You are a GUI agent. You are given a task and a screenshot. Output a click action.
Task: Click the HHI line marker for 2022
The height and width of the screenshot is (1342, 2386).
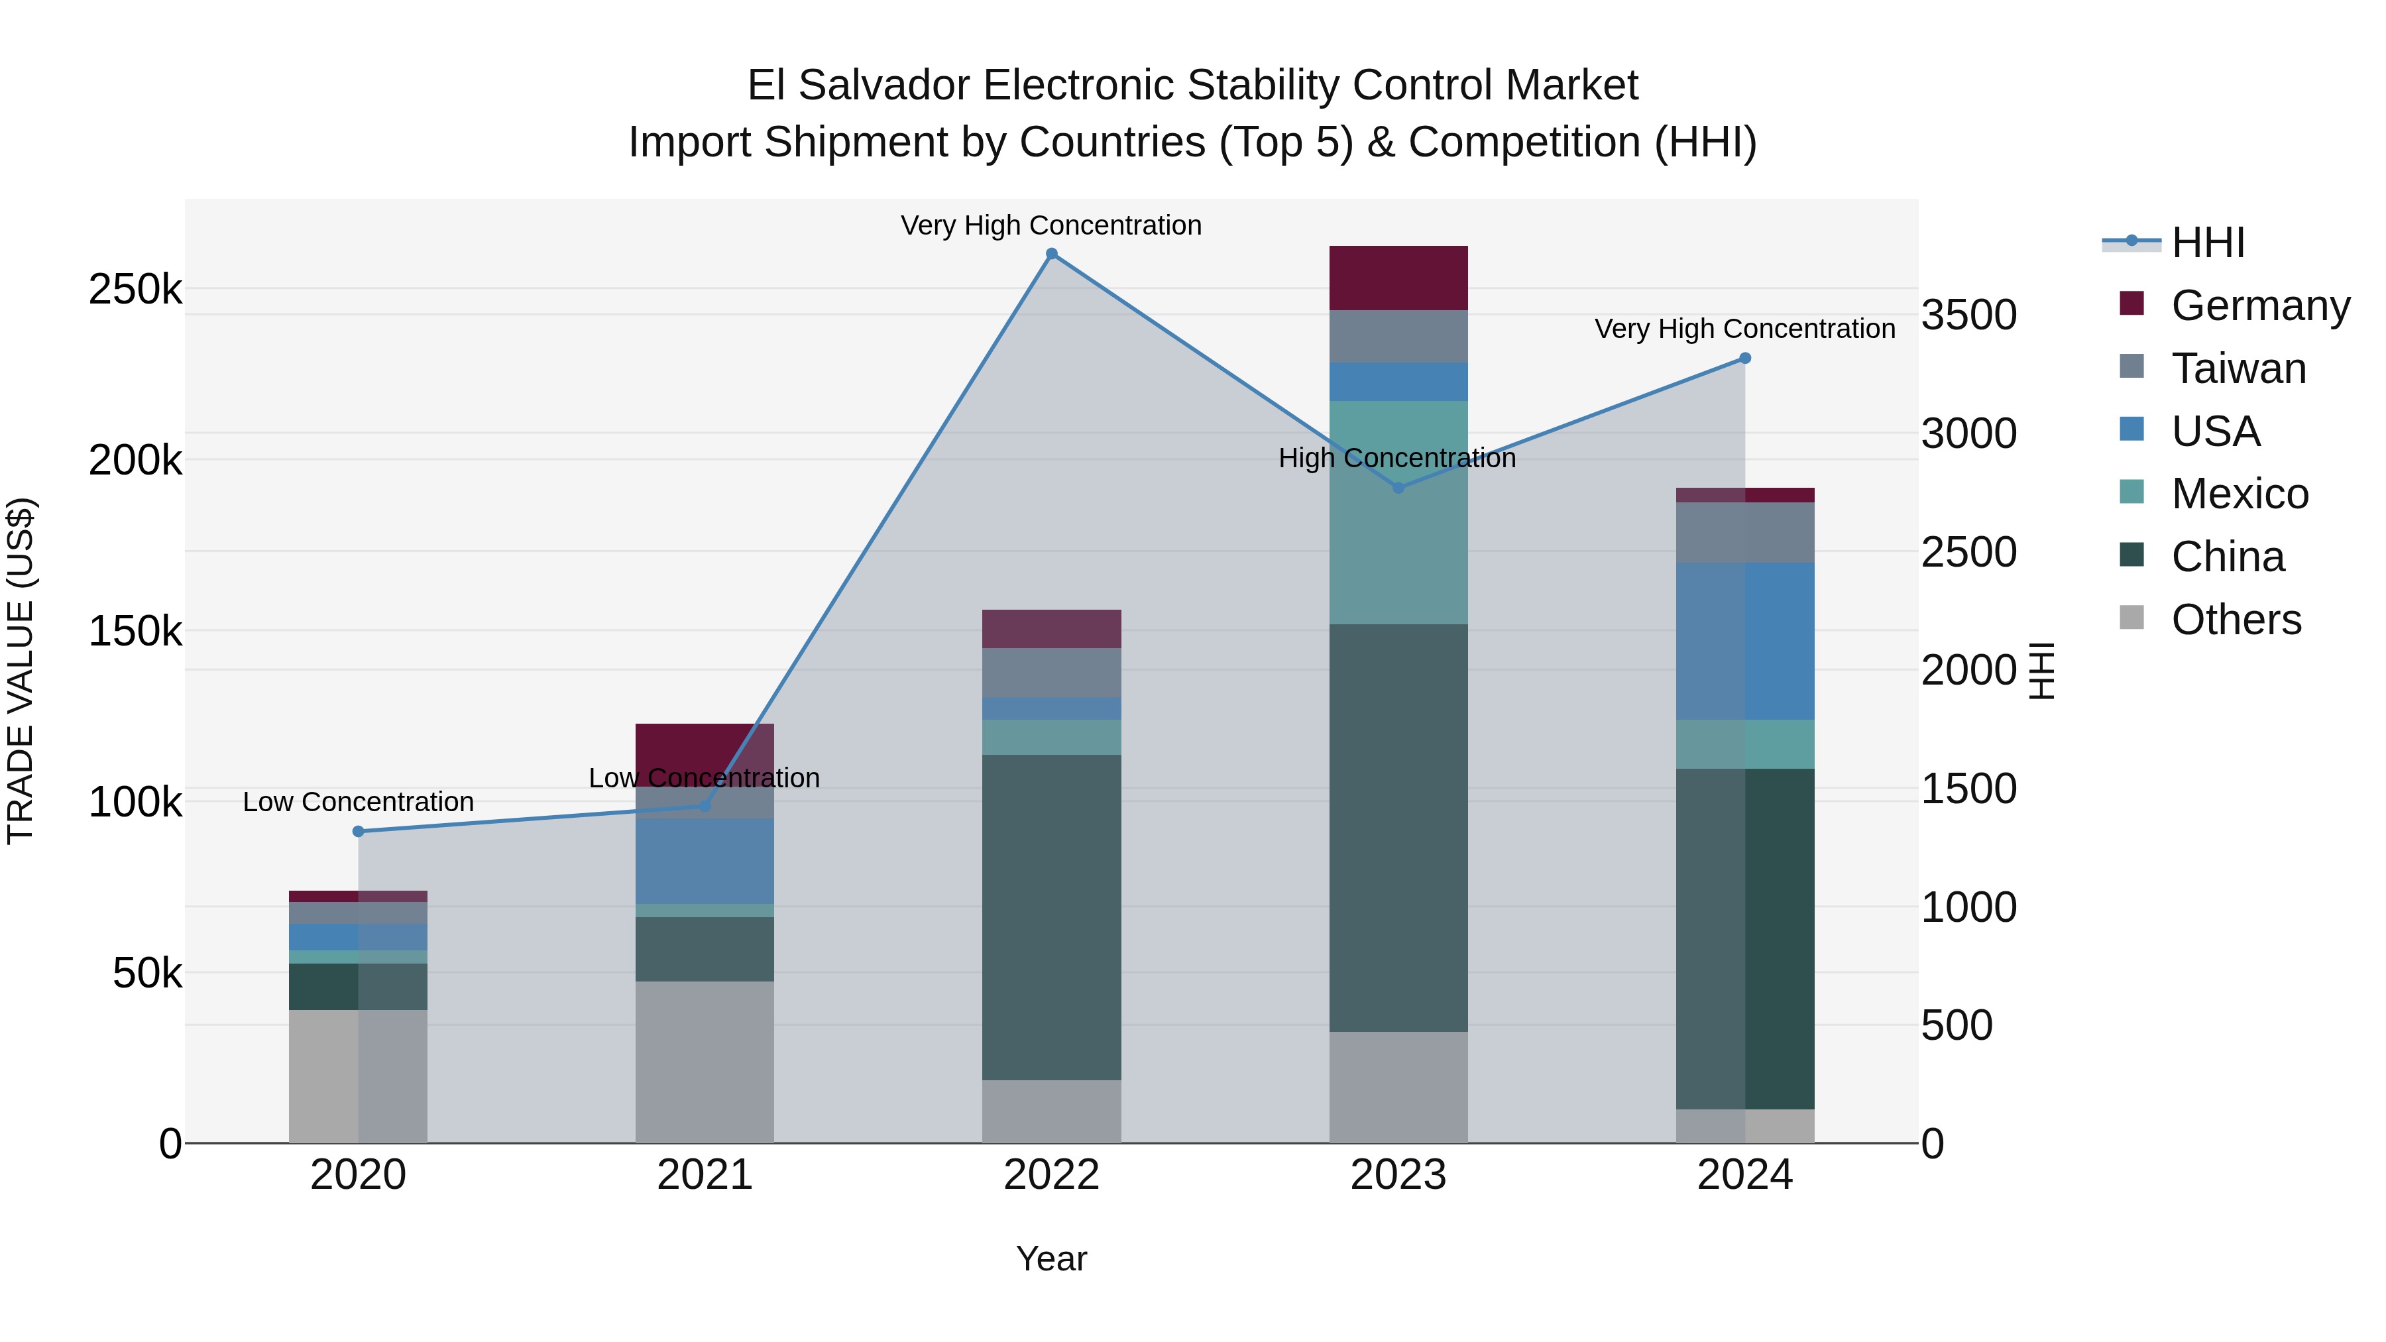[1051, 254]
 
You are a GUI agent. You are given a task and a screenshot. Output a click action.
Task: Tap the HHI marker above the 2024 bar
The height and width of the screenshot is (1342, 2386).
[1745, 359]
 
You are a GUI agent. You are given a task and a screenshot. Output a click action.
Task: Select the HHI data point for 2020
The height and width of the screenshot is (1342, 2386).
[359, 832]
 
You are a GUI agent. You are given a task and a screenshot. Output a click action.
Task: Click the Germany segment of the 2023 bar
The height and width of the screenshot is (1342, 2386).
[1398, 278]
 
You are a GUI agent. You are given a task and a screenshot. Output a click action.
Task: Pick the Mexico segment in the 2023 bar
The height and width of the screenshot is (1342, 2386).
[1398, 512]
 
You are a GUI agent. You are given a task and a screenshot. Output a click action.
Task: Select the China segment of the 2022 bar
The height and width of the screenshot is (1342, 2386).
[1051, 917]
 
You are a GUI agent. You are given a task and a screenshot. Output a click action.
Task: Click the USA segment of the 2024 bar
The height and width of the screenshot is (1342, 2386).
[1745, 641]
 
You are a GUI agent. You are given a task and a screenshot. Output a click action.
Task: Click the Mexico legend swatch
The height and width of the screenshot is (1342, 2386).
[2131, 492]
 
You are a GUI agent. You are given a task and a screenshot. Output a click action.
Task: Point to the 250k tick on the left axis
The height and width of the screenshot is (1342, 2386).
[135, 290]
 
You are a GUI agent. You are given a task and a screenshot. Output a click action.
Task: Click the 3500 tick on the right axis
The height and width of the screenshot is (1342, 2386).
[1968, 315]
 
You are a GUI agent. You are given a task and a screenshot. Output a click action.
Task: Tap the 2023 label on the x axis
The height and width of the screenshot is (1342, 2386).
[1398, 1175]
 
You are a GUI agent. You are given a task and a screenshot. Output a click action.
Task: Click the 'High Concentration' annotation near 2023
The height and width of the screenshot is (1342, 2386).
[1396, 459]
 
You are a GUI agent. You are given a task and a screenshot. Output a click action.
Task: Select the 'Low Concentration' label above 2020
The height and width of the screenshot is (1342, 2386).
[359, 802]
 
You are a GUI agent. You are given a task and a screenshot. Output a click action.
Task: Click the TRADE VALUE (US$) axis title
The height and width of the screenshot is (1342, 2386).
[21, 671]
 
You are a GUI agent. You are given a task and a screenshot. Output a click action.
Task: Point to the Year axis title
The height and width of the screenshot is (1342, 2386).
[1051, 1260]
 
